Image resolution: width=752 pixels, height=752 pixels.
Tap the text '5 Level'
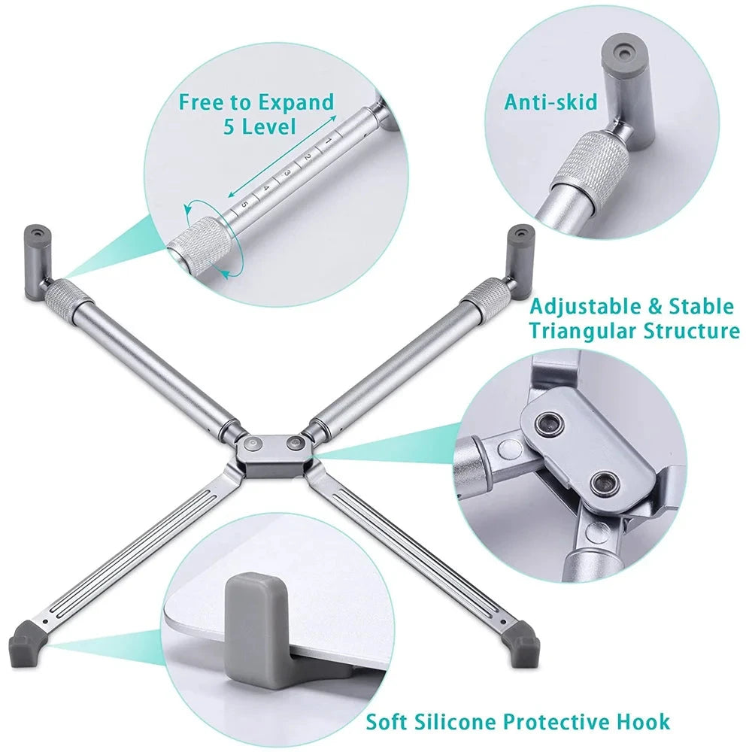[x=260, y=126]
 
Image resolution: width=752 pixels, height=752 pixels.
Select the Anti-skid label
[x=552, y=102]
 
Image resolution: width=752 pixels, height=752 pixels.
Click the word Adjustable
[x=578, y=307]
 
